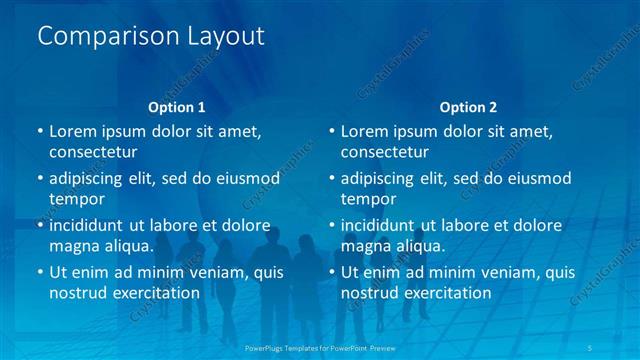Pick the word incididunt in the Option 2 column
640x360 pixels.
pyautogui.click(x=384, y=225)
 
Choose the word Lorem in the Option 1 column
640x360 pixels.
pyautogui.click(x=71, y=131)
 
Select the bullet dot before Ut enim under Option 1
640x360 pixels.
pyautogui.click(x=40, y=272)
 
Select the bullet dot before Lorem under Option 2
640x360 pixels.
pyautogui.click(x=332, y=131)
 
